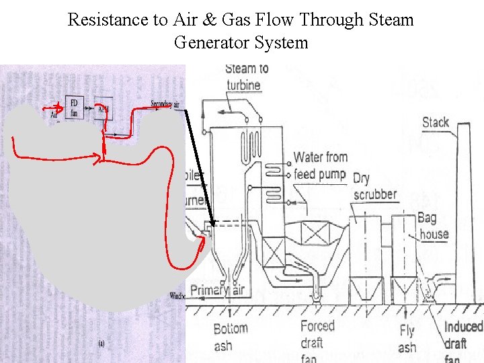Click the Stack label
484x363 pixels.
click(436, 122)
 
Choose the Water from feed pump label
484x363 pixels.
click(320, 165)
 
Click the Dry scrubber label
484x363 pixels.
click(374, 186)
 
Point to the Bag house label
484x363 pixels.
click(433, 226)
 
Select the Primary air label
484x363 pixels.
click(217, 290)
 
